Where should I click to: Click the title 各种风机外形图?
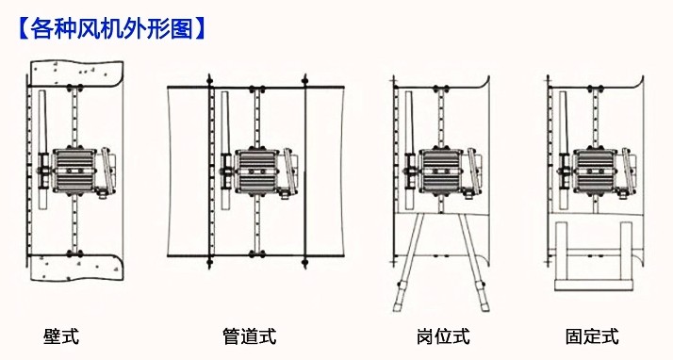point(111,29)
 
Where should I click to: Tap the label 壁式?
point(61,336)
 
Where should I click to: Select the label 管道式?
point(250,336)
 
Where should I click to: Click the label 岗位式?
point(443,336)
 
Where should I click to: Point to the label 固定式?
point(592,336)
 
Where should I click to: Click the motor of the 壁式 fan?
point(74,171)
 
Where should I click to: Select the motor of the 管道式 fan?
point(257,171)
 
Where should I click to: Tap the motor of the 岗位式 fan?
point(441,171)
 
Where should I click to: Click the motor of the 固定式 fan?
point(595,171)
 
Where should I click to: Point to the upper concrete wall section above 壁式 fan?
point(77,74)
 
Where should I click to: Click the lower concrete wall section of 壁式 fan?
point(77,268)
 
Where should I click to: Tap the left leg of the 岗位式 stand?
point(409,263)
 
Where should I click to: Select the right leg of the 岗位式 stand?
point(473,263)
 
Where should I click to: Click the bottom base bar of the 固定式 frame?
point(594,285)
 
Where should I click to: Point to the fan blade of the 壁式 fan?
point(42,150)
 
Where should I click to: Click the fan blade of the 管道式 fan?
point(226,150)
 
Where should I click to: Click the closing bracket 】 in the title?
point(200,29)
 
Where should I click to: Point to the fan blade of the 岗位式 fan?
point(409,150)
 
